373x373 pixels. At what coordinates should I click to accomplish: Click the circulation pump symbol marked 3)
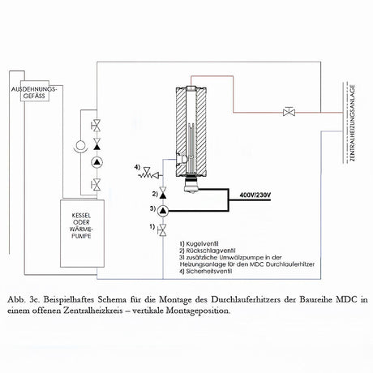tap(161, 212)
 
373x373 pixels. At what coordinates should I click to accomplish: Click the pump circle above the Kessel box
tap(97, 163)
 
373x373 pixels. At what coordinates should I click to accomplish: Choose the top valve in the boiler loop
tap(97, 125)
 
